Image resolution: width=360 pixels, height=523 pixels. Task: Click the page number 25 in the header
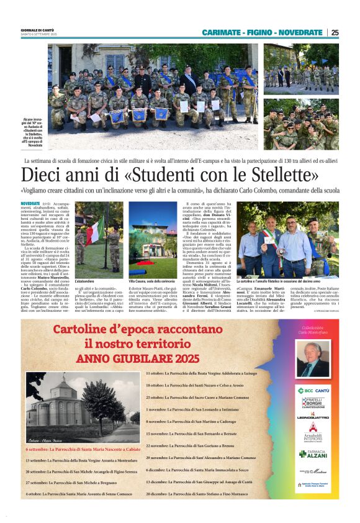click(x=335, y=32)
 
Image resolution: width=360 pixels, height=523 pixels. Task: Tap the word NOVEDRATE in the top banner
click(x=300, y=32)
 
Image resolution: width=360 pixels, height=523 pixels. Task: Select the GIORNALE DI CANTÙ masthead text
click(x=38, y=29)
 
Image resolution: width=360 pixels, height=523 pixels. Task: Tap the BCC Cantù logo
click(x=315, y=390)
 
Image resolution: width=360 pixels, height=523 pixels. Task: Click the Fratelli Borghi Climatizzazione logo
click(x=315, y=404)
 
